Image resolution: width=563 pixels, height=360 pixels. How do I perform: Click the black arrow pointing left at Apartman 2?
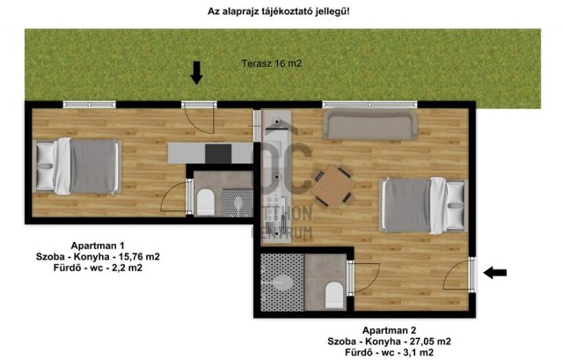pyautogui.click(x=496, y=273)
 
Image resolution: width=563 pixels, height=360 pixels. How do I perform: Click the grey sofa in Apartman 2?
pyautogui.click(x=369, y=124)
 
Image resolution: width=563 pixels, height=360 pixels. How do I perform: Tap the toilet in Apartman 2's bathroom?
pyautogui.click(x=333, y=294)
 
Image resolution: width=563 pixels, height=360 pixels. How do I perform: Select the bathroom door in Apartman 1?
pyautogui.click(x=185, y=195)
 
